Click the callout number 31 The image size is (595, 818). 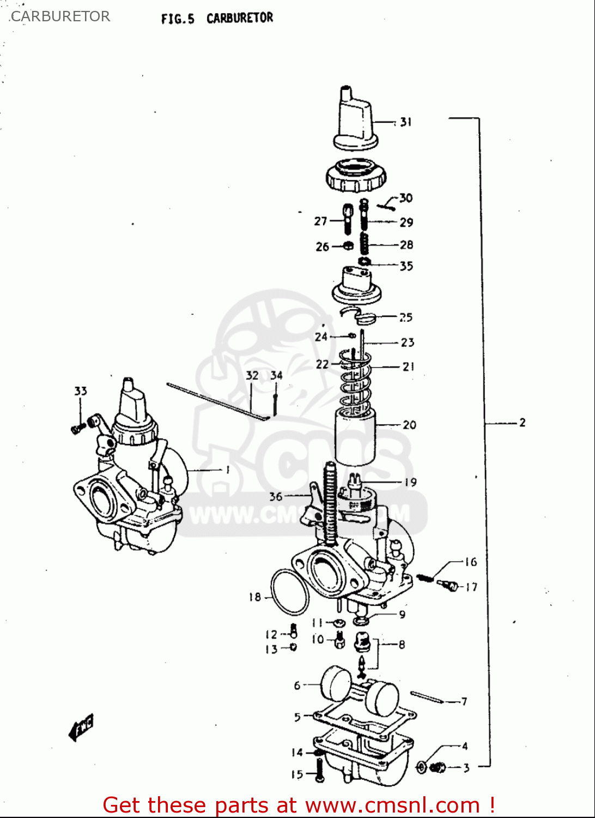click(405, 122)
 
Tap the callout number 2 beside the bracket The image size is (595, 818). click(522, 423)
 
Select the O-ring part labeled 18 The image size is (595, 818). click(289, 592)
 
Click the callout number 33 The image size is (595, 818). click(81, 391)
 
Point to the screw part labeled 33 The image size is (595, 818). click(78, 428)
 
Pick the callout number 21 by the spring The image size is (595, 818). click(409, 367)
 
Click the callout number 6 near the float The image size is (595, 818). click(297, 685)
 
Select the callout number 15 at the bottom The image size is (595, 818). click(297, 774)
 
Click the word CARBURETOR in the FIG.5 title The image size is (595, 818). click(240, 18)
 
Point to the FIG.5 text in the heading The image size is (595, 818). click(178, 19)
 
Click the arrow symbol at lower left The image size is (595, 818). click(81, 727)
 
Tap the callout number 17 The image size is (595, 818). click(471, 587)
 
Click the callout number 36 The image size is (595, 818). click(276, 496)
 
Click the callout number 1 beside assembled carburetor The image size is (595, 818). click(227, 470)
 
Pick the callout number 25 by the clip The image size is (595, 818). click(405, 317)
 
